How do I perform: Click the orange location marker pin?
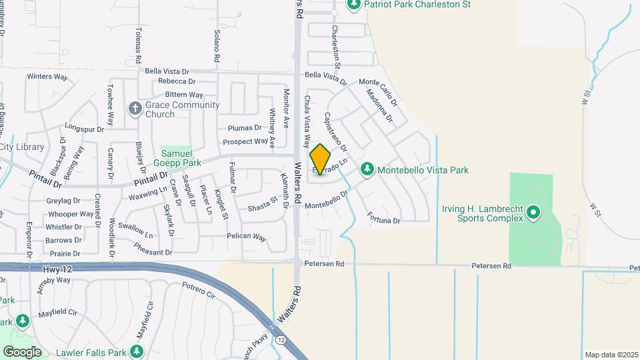click(321, 160)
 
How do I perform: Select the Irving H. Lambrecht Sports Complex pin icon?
click(533, 213)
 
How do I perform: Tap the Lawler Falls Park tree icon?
click(137, 351)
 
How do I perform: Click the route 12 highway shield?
click(282, 341)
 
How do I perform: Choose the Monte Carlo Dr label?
click(378, 92)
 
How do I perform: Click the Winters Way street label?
click(47, 77)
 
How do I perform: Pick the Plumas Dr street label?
click(245, 127)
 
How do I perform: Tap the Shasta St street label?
click(262, 203)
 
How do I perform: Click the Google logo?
click(22, 351)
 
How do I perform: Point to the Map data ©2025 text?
click(611, 355)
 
